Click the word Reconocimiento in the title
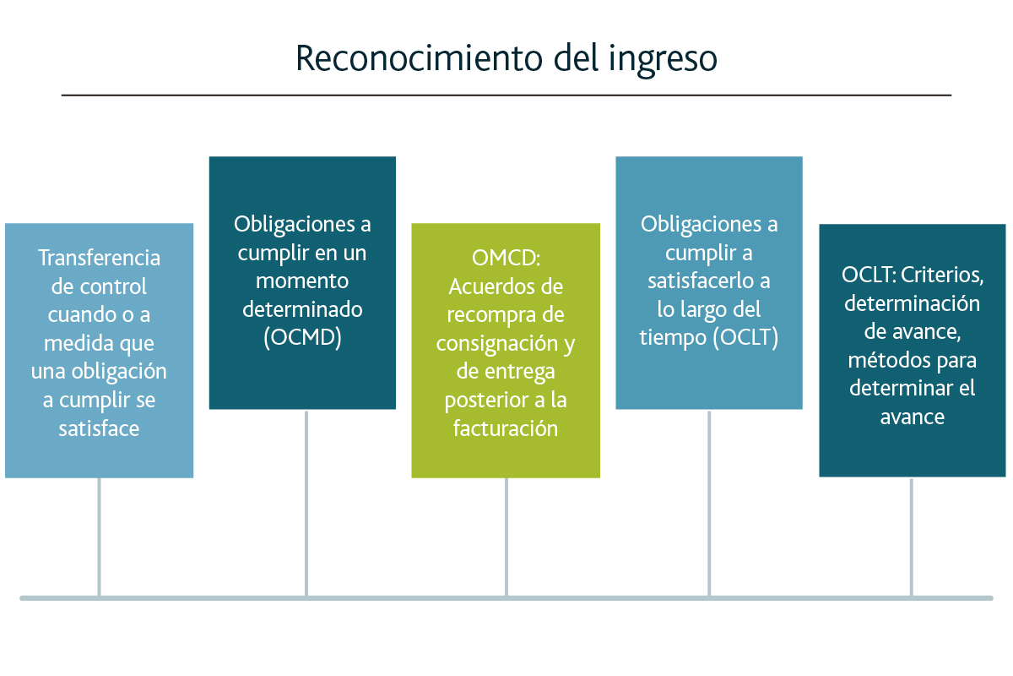point(420,58)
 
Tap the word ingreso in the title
point(663,60)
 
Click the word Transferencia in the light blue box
point(99,258)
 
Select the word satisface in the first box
point(99,428)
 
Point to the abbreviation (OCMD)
point(302,337)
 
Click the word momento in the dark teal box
point(302,281)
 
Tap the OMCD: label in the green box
point(506,258)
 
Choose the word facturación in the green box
point(506,428)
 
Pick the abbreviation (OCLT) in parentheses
point(746,337)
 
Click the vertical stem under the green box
point(506,537)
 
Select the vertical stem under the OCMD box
point(306,504)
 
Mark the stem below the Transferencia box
point(99,537)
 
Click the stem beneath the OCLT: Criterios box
point(911,537)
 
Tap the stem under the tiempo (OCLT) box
point(709,504)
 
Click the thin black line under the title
point(506,95)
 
